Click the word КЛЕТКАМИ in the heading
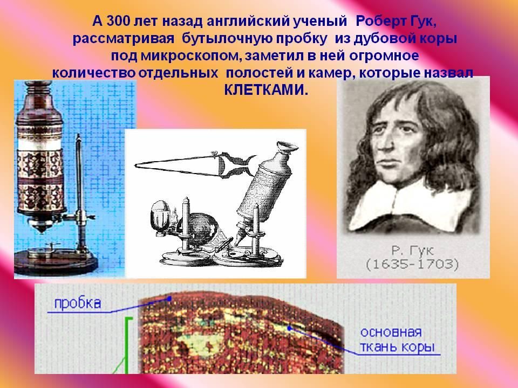pyautogui.click(x=266, y=90)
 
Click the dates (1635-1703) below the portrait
pyautogui.click(x=412, y=265)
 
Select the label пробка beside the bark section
pyautogui.click(x=78, y=303)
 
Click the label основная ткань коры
pyautogui.click(x=397, y=340)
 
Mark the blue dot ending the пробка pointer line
pyautogui.click(x=169, y=299)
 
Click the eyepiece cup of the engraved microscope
pyautogui.click(x=287, y=147)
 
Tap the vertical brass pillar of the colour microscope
pyautogui.click(x=79, y=191)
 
